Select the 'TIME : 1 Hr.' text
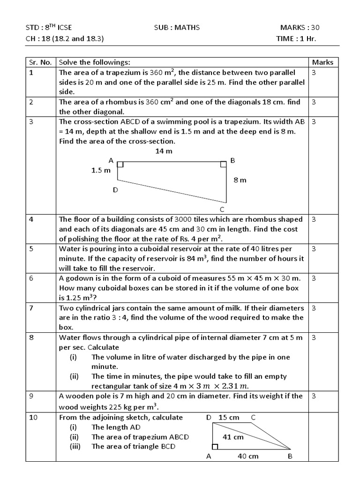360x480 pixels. pos(296,38)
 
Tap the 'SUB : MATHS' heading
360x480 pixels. pos(177,28)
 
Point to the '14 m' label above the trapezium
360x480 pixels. pos(164,151)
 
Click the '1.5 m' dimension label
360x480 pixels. pos(101,171)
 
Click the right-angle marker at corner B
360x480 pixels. pos(223,164)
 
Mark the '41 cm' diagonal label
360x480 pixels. pos(233,437)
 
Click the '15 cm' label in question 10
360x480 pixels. pos(229,417)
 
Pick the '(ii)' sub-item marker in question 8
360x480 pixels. pos(74,376)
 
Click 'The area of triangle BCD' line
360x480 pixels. pos(133,446)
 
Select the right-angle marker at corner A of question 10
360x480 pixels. pos(215,447)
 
